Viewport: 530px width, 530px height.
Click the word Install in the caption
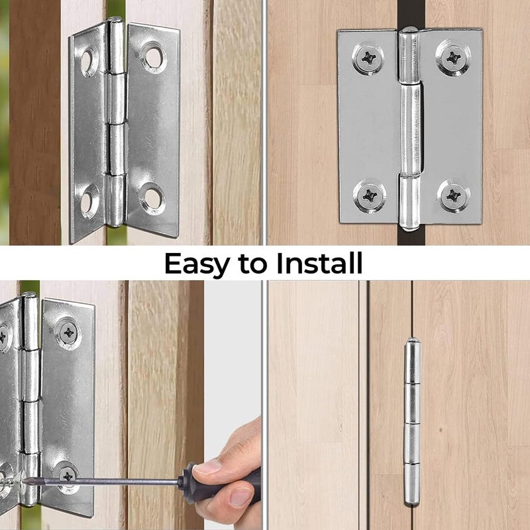pyautogui.click(x=319, y=264)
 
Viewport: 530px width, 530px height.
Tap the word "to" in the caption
pyautogui.click(x=256, y=264)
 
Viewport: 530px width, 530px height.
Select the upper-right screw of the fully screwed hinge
pyautogui.click(x=453, y=58)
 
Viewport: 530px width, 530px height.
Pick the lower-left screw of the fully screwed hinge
pyautogui.click(x=367, y=195)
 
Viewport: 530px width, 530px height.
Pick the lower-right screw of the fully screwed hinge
pyautogui.click(x=453, y=195)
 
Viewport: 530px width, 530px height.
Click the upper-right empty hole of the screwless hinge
pyautogui.click(x=153, y=57)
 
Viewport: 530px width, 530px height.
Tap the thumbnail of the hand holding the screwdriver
pyautogui.click(x=207, y=468)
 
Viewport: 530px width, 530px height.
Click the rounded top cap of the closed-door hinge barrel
pyautogui.click(x=412, y=345)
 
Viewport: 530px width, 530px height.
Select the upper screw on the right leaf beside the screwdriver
pyautogui.click(x=68, y=332)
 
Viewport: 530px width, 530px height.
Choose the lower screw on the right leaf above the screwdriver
pyautogui.click(x=66, y=474)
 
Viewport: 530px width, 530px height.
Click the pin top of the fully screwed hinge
pyautogui.click(x=409, y=30)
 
